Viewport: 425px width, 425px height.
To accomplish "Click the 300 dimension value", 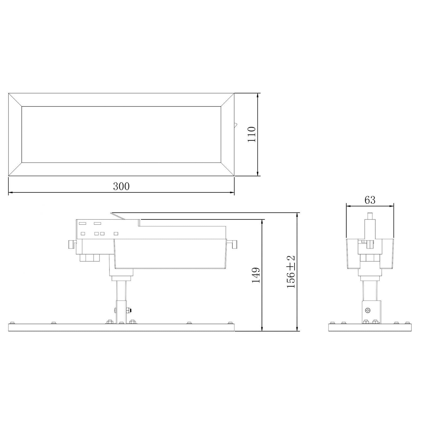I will coord(121,186).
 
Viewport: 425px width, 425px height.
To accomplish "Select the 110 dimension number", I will coord(251,134).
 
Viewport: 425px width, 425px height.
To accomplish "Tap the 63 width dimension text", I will coord(370,200).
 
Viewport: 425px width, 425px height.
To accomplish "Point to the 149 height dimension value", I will coord(256,275).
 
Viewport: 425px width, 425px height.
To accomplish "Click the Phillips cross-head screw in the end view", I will coord(368,310).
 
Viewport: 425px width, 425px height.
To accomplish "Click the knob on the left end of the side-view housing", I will coord(71,244).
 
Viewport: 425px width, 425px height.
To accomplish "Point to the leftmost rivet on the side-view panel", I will coord(11,322).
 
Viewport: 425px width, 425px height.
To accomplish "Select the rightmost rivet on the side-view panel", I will coord(230,322).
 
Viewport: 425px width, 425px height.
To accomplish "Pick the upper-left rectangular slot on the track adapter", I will coord(82,224).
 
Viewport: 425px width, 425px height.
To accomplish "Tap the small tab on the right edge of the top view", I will coord(236,125).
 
